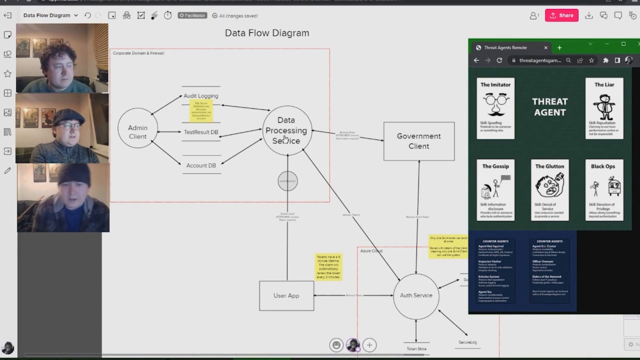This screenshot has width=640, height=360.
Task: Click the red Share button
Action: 561,15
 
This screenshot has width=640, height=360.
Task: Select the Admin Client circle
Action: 137,128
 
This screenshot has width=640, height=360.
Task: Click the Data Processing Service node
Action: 286,130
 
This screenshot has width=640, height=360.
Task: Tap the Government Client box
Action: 418,141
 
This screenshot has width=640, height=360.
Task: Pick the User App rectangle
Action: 286,295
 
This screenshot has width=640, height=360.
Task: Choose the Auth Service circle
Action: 415,295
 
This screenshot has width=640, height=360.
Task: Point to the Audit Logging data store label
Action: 200,95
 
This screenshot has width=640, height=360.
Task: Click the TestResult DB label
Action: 200,132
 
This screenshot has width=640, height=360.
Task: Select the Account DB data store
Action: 200,165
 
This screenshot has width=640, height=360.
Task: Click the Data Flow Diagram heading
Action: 267,33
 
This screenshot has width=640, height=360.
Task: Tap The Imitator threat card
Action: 495,108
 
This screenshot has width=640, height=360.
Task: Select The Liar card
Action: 604,108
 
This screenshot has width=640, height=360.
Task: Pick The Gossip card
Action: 495,190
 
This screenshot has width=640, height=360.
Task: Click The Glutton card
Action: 549,190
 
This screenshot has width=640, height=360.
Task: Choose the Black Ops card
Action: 604,190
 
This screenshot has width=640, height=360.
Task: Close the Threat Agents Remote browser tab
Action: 545,47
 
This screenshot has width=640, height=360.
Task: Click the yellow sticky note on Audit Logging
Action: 201,110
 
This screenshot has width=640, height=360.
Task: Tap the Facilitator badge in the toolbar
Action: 192,15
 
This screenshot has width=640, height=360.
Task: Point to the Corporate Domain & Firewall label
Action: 138,53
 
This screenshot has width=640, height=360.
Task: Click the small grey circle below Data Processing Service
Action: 287,181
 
